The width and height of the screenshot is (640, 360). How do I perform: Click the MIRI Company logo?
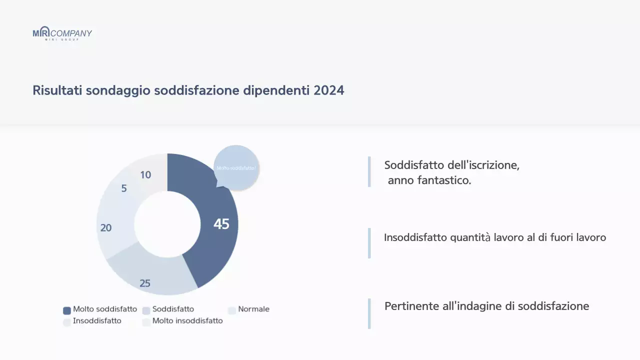click(62, 33)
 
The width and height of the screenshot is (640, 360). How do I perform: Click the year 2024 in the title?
click(329, 90)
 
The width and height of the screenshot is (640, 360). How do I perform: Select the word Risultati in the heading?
click(57, 90)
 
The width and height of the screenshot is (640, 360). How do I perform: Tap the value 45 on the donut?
click(221, 224)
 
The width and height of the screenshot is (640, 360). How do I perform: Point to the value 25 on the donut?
click(145, 283)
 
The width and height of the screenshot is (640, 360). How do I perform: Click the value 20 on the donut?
click(106, 228)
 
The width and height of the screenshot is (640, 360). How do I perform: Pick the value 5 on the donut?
click(124, 188)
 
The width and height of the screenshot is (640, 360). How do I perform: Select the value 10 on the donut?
click(145, 175)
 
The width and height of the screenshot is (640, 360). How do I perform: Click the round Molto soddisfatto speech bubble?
click(236, 167)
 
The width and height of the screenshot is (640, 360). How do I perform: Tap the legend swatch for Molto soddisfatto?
click(67, 310)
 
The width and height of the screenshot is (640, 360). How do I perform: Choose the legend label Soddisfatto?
click(173, 309)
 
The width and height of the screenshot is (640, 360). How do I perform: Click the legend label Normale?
click(253, 309)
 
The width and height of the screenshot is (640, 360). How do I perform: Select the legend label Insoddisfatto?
click(97, 321)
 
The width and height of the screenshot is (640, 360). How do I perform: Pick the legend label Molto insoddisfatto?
click(187, 321)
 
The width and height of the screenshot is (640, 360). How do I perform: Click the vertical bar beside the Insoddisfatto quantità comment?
click(369, 243)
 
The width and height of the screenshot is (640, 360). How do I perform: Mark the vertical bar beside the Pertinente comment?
click(369, 313)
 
